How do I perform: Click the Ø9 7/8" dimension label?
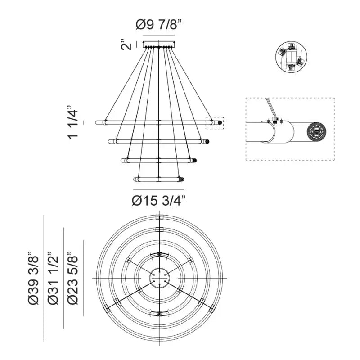tap(159, 24)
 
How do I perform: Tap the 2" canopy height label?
tap(126, 45)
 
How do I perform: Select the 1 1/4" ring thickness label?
tap(73, 122)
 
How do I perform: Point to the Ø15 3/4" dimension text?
tap(159, 201)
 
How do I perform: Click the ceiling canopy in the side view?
tap(159, 44)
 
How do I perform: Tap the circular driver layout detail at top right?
tap(291, 57)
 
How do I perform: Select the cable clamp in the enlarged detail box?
tap(274, 119)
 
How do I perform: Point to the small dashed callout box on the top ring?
tap(215, 123)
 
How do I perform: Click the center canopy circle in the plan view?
tap(159, 278)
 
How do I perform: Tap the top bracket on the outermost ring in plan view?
tap(159, 217)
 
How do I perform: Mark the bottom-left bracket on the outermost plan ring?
tap(106, 309)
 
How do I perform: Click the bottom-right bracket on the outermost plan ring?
tap(212, 308)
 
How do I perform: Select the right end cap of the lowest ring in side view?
tap(182, 179)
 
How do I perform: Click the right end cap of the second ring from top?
tap(207, 141)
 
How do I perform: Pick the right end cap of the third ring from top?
tap(194, 160)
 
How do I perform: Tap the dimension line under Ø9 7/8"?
tap(159, 35)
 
